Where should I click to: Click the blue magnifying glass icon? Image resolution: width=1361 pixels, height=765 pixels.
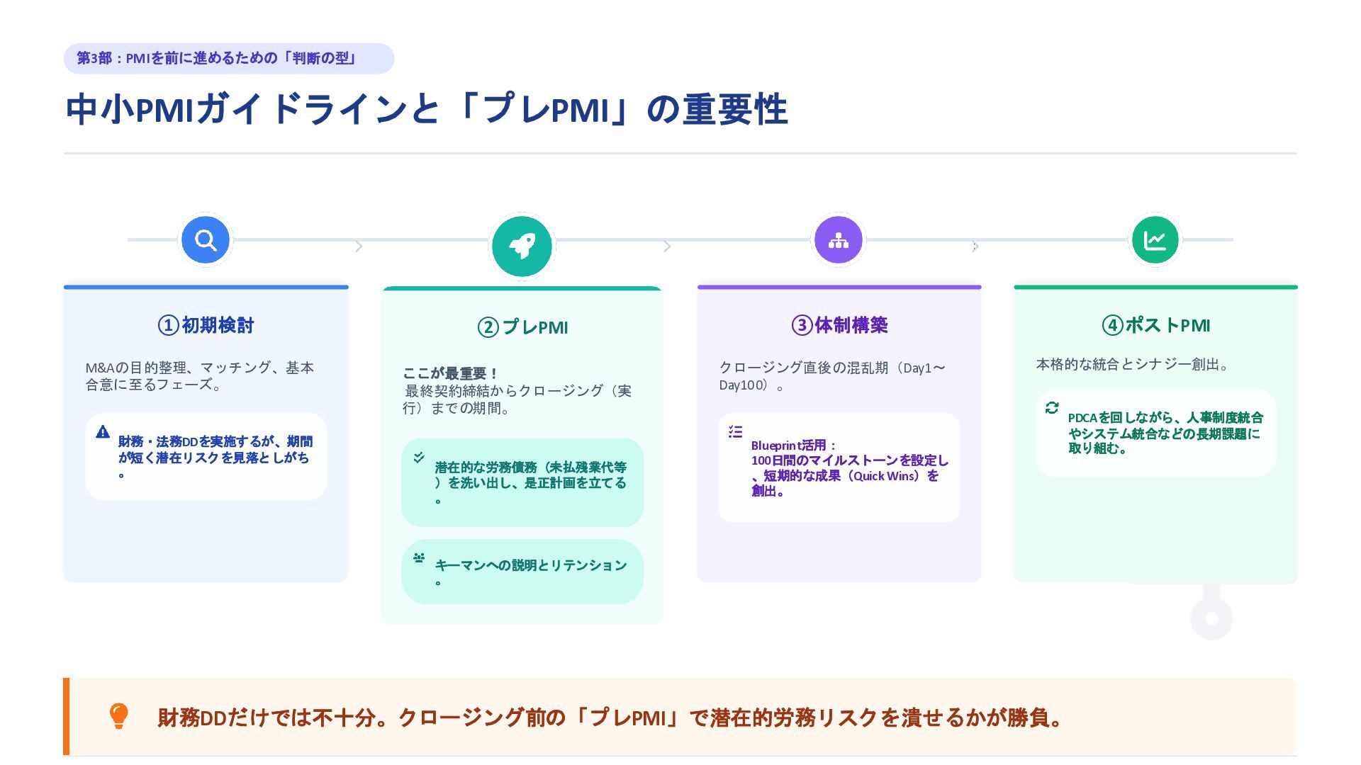coord(206,240)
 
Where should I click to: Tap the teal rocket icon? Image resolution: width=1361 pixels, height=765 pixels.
coord(522,246)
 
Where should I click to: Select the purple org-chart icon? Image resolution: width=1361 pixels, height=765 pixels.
coord(839,240)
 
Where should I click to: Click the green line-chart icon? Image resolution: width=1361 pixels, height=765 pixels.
coord(1155,240)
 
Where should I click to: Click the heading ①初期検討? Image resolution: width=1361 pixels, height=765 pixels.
coord(206,325)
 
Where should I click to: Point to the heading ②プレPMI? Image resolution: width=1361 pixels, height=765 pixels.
coord(522,327)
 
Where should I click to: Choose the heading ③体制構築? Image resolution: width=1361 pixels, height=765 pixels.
coord(839,325)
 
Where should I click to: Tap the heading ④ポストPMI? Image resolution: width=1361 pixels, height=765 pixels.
coord(1155,325)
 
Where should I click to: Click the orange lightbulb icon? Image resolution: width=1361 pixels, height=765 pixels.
coord(118,716)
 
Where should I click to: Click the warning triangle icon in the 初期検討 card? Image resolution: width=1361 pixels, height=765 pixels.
coord(103,431)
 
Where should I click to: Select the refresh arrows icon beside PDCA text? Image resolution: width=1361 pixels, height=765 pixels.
coord(1052,407)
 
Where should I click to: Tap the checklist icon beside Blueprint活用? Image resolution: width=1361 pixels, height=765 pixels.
coord(735,431)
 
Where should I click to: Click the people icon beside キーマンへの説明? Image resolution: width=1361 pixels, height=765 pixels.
coord(419,557)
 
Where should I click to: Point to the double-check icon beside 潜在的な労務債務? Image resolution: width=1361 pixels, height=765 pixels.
coord(419,458)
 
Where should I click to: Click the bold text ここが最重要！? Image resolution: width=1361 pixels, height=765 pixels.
coord(451,373)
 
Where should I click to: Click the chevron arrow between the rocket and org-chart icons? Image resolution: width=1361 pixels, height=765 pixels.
coord(667,246)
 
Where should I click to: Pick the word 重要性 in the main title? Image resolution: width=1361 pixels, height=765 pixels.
coord(735,110)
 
